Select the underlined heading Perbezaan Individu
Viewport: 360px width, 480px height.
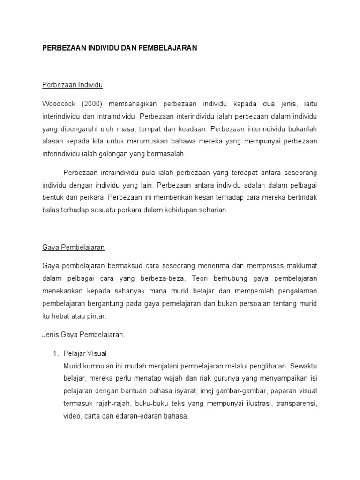pyautogui.click(x=72, y=85)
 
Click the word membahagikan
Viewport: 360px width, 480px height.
pyautogui.click(x=135, y=103)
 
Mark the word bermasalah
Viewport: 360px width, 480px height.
pyautogui.click(x=166, y=154)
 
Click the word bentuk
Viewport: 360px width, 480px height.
pyautogui.click(x=52, y=197)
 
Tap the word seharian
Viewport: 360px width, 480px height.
pyautogui.click(x=213, y=210)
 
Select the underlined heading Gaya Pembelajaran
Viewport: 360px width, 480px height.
pyautogui.click(x=73, y=247)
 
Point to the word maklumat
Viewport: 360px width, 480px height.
pyautogui.click(x=299, y=266)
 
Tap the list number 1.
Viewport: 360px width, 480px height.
pyautogui.click(x=54, y=353)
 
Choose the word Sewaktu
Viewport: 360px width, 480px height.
pyautogui.click(x=304, y=365)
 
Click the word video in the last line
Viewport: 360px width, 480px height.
pyautogui.click(x=71, y=416)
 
